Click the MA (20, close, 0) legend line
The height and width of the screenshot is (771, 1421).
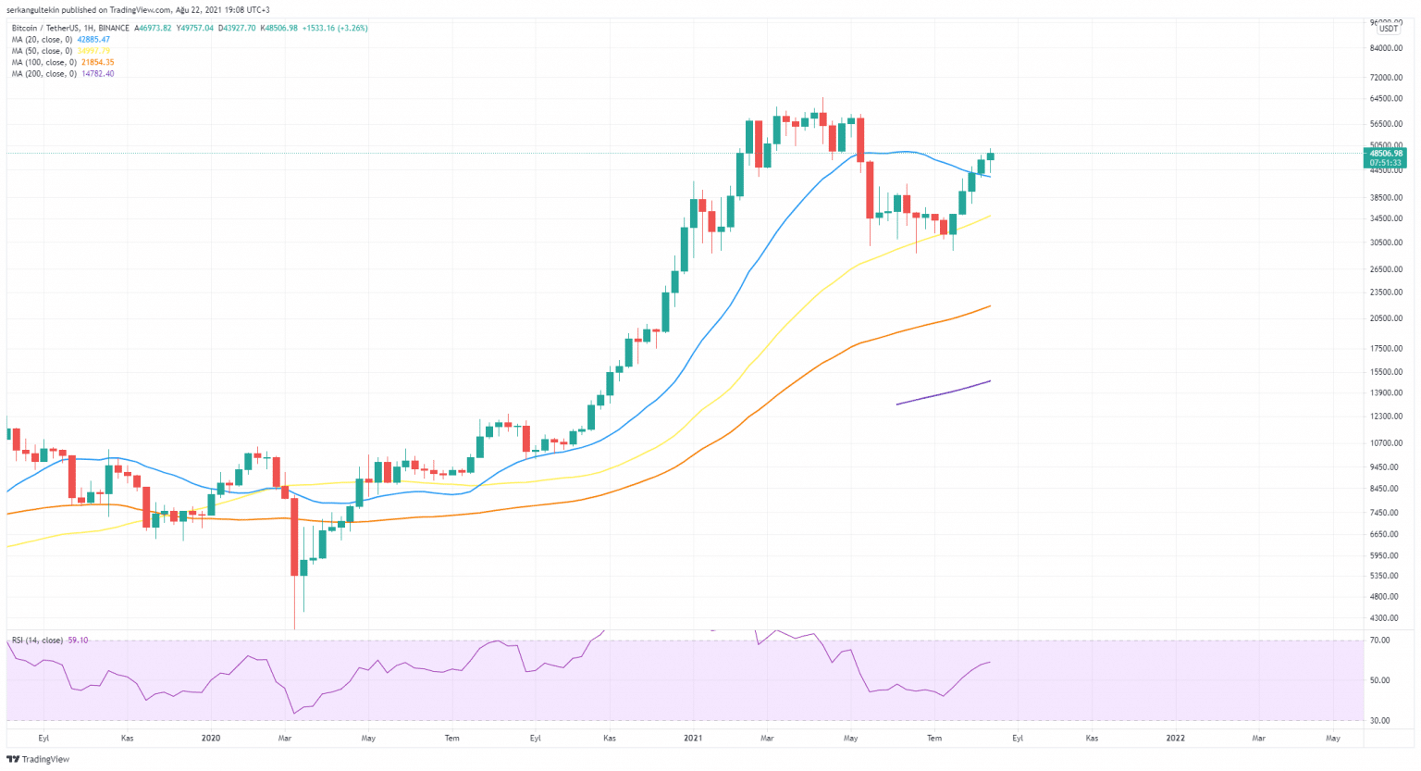click(60, 40)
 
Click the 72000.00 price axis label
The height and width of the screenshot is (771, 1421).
click(1387, 77)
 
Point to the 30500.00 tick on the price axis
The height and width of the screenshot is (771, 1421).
click(1387, 242)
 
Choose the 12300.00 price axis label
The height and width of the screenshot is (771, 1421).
click(1387, 417)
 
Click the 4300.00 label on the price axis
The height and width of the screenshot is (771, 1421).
click(1385, 618)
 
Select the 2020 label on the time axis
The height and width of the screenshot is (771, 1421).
click(211, 738)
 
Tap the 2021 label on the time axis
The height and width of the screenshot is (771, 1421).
click(693, 738)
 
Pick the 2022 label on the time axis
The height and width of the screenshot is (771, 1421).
click(1175, 738)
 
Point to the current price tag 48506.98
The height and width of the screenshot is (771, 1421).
click(1386, 154)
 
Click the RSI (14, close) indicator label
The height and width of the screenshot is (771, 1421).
click(37, 640)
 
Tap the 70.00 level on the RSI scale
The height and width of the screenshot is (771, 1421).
click(1379, 640)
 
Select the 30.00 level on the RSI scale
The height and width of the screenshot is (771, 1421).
click(1379, 720)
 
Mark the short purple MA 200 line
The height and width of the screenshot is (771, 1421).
click(944, 392)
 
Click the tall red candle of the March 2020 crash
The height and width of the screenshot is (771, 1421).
click(294, 536)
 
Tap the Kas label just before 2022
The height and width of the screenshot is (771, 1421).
click(1092, 738)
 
